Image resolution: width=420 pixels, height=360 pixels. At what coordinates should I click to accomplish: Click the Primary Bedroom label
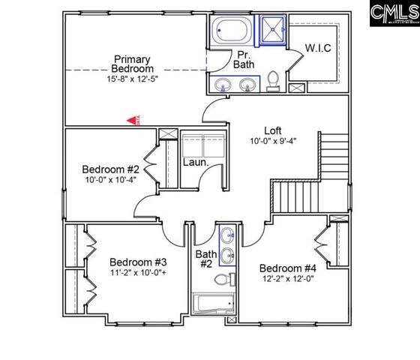[132, 64]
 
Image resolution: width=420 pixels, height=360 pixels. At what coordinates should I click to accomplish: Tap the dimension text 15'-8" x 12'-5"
[132, 78]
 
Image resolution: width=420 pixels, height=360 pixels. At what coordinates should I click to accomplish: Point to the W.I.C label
[316, 48]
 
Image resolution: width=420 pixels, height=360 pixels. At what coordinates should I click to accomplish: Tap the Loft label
[273, 129]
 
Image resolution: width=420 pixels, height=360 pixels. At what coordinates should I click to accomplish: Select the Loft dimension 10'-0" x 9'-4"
[274, 141]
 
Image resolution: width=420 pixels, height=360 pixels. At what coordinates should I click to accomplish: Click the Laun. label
[196, 160]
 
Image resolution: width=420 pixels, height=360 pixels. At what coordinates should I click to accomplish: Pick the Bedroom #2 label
[111, 169]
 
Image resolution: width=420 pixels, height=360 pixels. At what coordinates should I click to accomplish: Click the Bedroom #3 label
[138, 262]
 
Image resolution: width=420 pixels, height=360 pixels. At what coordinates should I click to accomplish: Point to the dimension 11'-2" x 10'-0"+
[138, 274]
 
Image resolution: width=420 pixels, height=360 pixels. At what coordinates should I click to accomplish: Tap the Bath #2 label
[206, 259]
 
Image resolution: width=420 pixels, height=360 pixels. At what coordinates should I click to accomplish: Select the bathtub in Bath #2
[214, 304]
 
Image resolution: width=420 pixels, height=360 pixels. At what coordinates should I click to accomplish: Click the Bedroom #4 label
[288, 268]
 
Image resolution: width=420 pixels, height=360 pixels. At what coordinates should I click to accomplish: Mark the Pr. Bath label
[244, 59]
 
